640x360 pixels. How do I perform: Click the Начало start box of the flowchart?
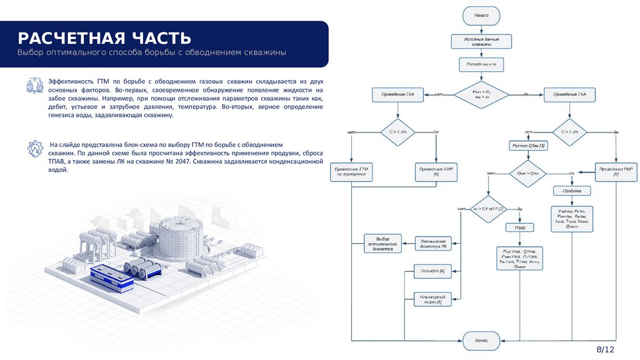coord(481,16)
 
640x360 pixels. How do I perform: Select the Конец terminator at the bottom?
coord(481,341)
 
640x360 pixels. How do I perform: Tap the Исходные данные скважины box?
coord(481,42)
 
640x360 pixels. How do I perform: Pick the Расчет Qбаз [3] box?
coord(529,146)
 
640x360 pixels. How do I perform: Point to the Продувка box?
coord(572,191)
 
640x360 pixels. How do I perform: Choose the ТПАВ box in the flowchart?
coord(519,228)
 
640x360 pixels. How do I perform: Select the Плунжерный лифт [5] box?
coord(432,299)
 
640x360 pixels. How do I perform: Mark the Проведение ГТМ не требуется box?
coord(352,172)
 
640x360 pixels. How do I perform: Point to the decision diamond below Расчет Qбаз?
coord(529,173)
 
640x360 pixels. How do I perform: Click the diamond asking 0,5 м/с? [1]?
coord(488,208)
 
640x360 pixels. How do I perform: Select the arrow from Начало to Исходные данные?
coord(481,29)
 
